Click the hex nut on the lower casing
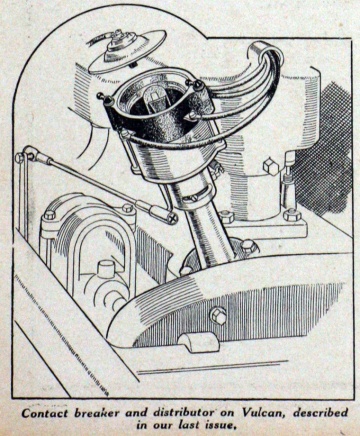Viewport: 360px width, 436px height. pyautogui.click(x=217, y=318)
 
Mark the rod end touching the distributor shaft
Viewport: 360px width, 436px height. pyautogui.click(x=170, y=215)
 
